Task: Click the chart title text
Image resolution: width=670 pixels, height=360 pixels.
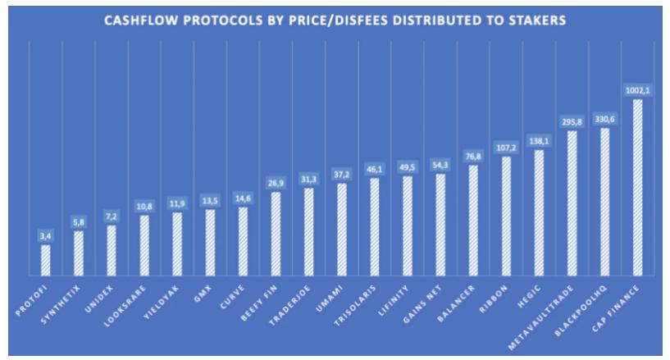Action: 335,21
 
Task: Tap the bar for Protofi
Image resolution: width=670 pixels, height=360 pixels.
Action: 46,260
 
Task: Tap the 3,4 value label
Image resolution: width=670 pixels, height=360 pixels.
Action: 46,236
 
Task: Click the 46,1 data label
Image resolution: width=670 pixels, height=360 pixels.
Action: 374,169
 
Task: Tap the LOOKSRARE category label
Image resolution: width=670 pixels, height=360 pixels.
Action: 129,303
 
